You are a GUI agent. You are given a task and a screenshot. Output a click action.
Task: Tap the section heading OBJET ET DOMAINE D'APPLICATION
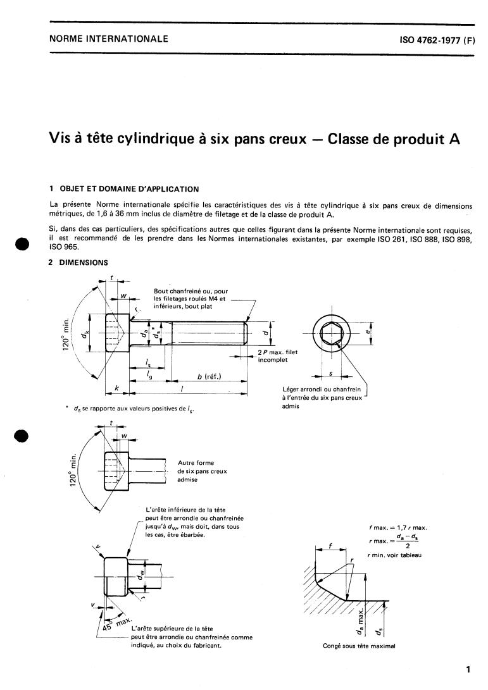point(128,188)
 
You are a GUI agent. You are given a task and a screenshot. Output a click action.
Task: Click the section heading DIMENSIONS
point(83,262)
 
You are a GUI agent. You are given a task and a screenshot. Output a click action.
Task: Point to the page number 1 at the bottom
point(467,669)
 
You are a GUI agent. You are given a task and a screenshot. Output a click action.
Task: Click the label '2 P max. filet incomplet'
point(277,355)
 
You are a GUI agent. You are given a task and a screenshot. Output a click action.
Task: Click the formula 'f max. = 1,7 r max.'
point(397,527)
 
